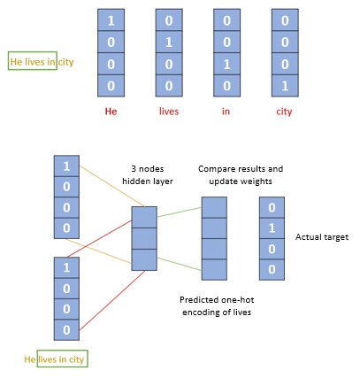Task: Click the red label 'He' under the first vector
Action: coord(111,112)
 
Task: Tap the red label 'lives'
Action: coord(169,112)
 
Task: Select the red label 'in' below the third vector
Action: coord(227,112)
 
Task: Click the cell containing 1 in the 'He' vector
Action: coord(111,19)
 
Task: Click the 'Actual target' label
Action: coord(319,236)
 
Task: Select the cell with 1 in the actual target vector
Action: coord(271,228)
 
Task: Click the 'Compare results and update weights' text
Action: coord(233,174)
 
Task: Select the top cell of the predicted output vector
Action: coord(215,206)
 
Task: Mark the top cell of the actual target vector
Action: coord(271,206)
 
